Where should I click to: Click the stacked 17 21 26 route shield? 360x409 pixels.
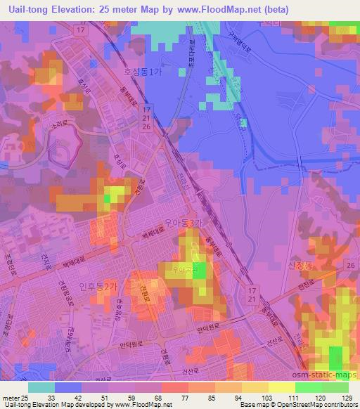coord(144,118)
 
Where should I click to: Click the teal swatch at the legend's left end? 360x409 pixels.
coord(41,387)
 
